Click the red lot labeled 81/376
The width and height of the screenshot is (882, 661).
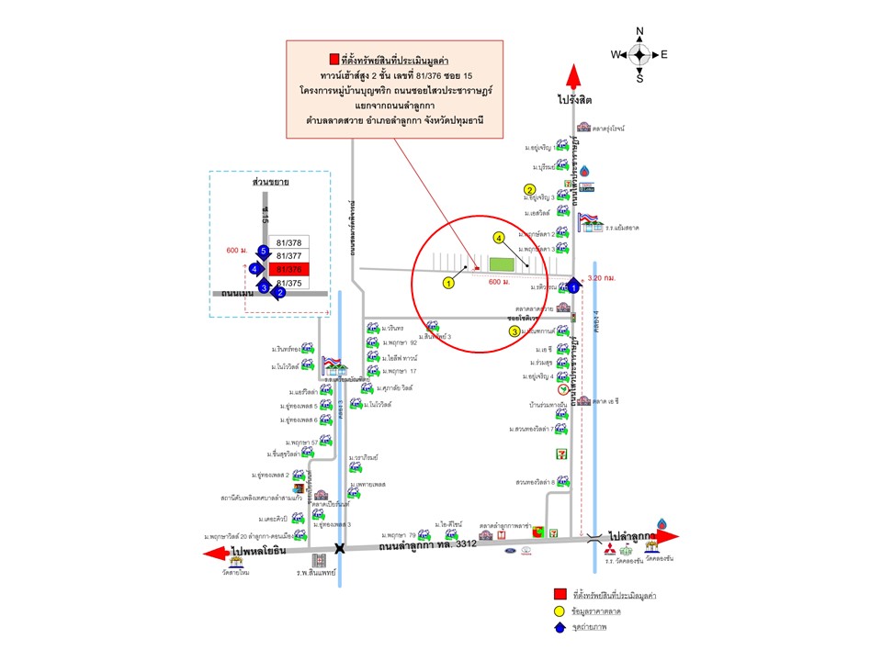click(x=288, y=269)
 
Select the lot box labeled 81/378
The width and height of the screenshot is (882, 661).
click(x=288, y=243)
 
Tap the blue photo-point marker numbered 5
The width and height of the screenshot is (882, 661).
click(x=264, y=251)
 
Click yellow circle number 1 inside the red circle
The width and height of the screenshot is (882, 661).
click(x=449, y=283)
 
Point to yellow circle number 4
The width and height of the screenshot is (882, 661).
click(x=499, y=238)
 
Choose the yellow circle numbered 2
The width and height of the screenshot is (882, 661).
click(x=530, y=190)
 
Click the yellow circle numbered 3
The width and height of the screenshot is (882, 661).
click(x=514, y=330)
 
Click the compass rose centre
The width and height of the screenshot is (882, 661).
click(x=639, y=54)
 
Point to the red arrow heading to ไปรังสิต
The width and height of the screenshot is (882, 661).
click(x=573, y=76)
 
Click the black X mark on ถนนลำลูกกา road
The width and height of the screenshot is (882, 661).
click(x=340, y=548)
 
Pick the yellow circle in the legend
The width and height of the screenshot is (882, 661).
click(x=559, y=611)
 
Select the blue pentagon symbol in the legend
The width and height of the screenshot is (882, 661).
click(x=559, y=628)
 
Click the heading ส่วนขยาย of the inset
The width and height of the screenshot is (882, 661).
click(x=271, y=183)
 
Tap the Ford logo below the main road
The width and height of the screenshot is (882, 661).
click(x=508, y=550)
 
